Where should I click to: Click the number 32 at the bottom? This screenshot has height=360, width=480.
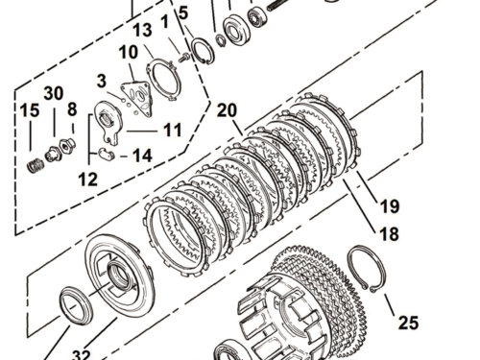(85, 353)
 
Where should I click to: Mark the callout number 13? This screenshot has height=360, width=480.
(141, 31)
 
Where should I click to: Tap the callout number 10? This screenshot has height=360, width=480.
(129, 52)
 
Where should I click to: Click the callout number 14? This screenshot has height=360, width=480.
(141, 155)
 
